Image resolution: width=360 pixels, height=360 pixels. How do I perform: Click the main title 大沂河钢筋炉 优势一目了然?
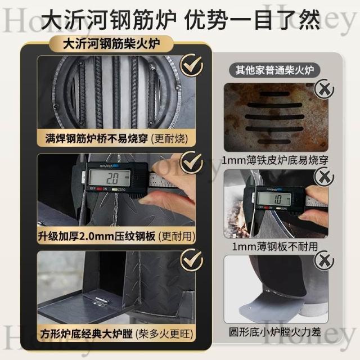tap(180, 20)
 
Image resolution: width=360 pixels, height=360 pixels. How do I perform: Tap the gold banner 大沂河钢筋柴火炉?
tap(111, 44)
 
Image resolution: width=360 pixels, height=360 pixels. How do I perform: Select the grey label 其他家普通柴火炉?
tap(274, 70)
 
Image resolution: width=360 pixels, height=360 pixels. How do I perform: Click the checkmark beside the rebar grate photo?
tap(191, 65)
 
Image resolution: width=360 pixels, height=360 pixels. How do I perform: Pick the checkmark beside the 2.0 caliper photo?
tap(191, 163)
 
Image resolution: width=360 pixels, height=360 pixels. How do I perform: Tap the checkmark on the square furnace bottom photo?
tap(191, 260)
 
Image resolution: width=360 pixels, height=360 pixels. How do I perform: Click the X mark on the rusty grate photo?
tap(324, 89)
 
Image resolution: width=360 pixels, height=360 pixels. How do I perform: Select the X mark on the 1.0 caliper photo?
tap(324, 177)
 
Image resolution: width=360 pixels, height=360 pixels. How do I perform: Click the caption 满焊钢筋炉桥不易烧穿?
tap(96, 138)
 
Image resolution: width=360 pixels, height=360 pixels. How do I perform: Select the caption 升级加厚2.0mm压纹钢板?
tap(96, 236)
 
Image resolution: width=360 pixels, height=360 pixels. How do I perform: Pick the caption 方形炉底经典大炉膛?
tap(86, 334)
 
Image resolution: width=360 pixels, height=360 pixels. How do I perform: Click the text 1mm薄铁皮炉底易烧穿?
tap(275, 160)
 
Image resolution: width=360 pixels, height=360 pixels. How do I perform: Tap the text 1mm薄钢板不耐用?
tap(275, 246)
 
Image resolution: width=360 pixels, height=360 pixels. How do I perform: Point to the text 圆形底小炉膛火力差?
tap(275, 332)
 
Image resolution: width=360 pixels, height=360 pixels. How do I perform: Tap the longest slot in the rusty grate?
tap(274, 116)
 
